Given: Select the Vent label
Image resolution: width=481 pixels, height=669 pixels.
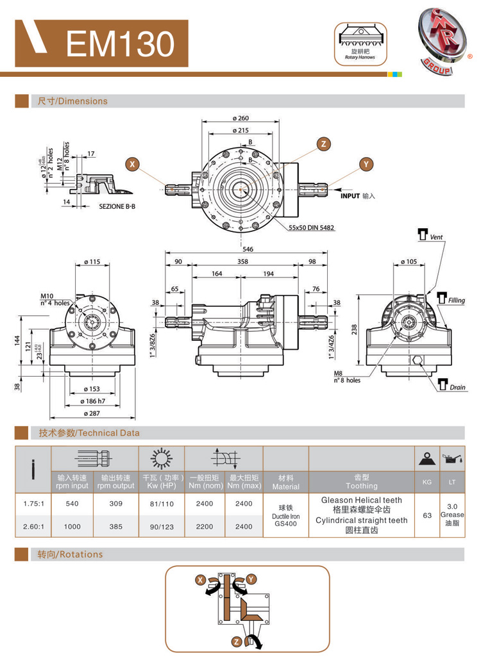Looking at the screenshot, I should coord(436,237).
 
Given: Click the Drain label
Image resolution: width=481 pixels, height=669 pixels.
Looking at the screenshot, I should coord(457,387).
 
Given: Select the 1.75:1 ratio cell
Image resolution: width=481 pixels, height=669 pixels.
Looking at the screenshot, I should coord(33,503).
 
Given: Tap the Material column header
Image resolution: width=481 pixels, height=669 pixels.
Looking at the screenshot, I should coord(287,481).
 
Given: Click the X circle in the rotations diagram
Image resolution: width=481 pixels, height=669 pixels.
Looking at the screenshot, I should coord(200,579).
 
